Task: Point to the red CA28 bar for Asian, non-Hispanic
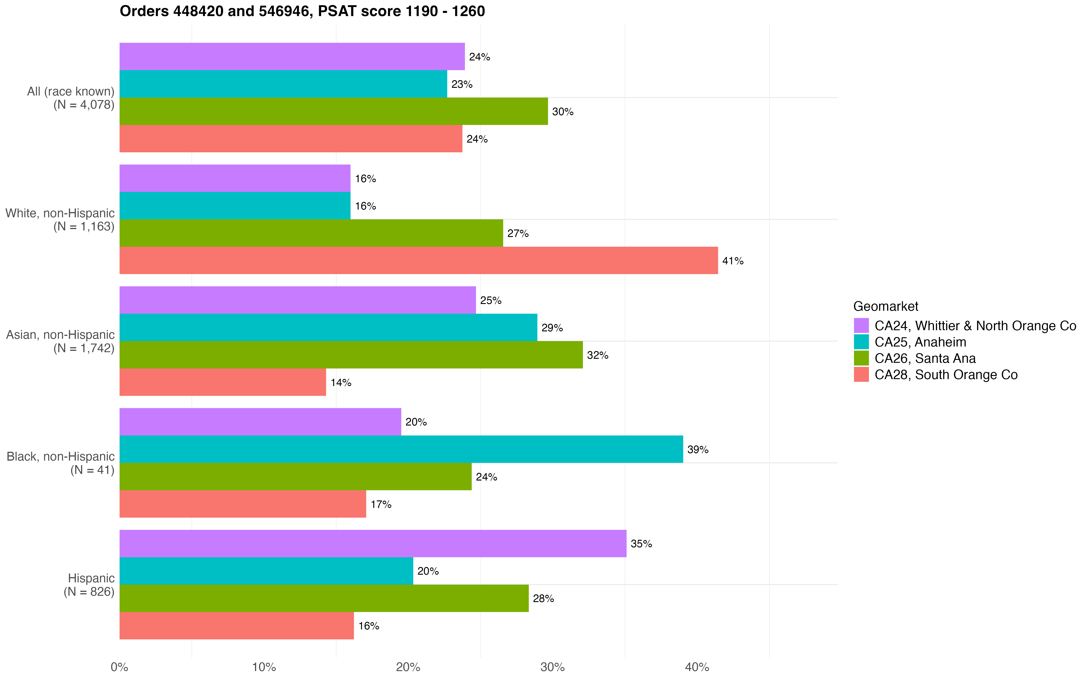click(x=222, y=382)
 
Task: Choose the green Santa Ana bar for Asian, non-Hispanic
click(x=351, y=355)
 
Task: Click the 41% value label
click(x=733, y=261)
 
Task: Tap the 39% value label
click(x=697, y=449)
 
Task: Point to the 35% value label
click(x=641, y=544)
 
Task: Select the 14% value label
click(x=340, y=383)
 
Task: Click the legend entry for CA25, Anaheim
click(x=920, y=342)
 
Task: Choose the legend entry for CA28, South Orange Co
click(x=945, y=375)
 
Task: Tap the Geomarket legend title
click(x=885, y=306)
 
